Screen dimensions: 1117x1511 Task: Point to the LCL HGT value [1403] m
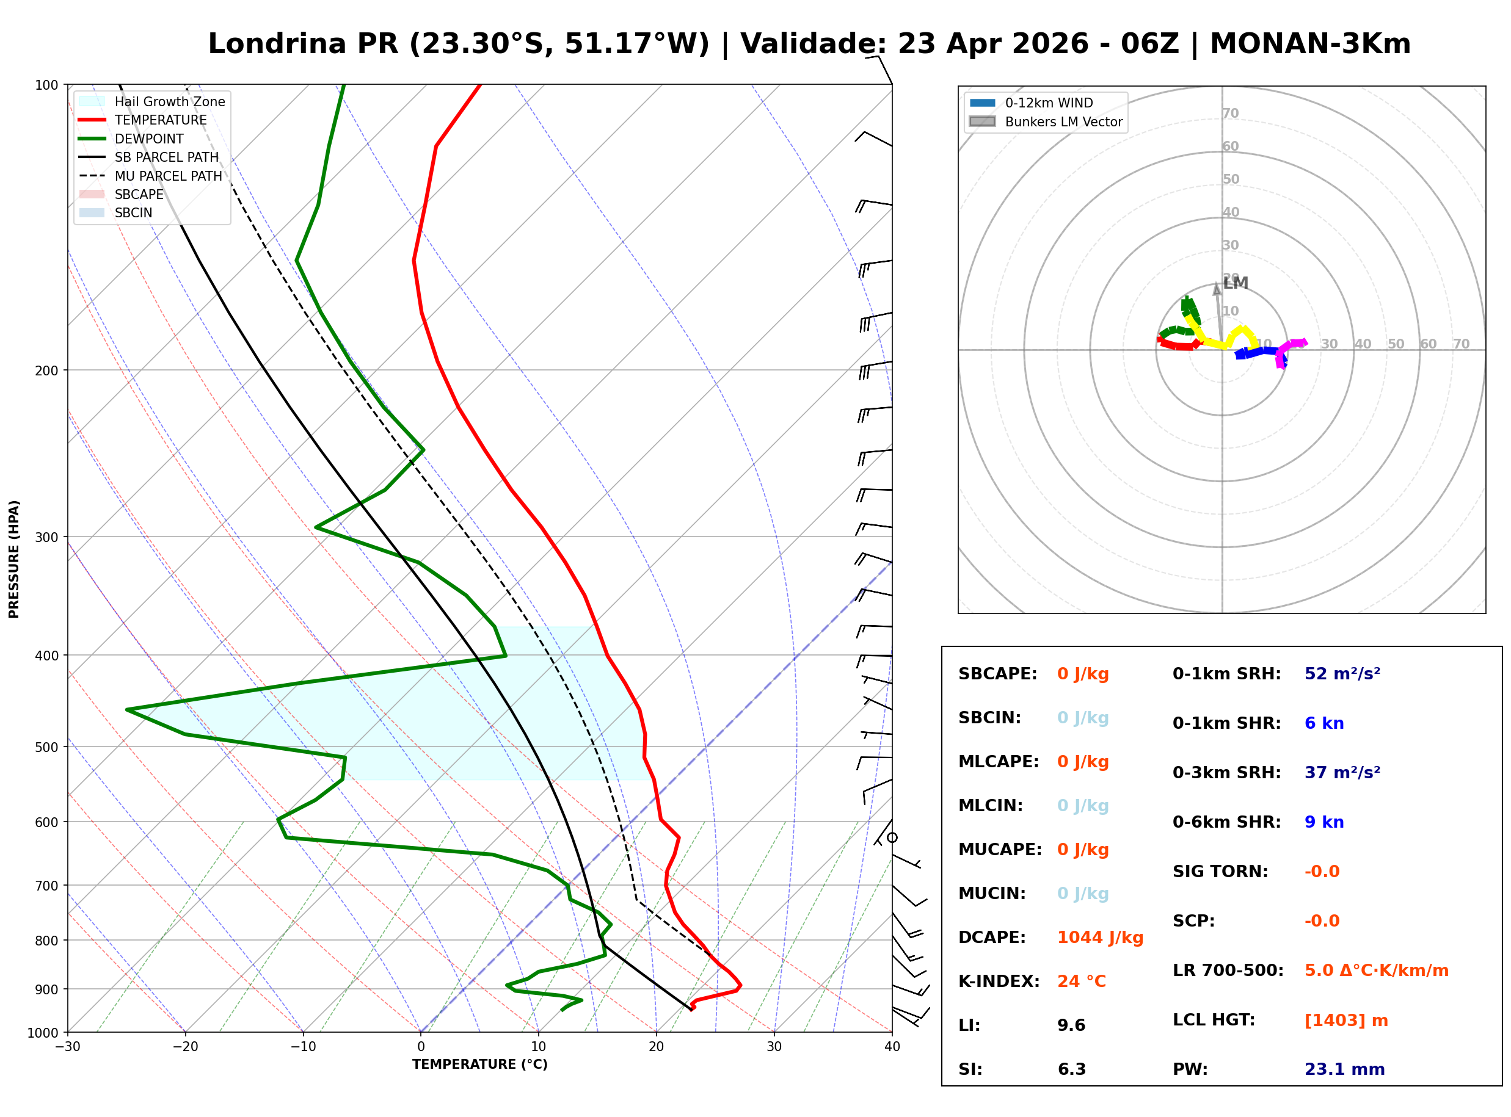[x=1346, y=1021]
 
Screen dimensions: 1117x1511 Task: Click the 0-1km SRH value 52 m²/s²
[x=1342, y=674]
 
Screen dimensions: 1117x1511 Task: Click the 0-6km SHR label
[x=1226, y=822]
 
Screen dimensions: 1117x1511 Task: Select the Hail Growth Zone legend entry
[x=169, y=101]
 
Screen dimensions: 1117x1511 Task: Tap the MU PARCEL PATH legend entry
[x=168, y=176]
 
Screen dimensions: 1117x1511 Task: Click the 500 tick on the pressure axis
[x=46, y=747]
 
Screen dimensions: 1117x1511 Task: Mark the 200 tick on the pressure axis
[x=46, y=371]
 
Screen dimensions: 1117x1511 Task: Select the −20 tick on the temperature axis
[x=184, y=1047]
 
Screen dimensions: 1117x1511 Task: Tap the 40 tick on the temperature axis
[x=892, y=1047]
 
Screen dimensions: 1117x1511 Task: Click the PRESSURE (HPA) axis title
[x=14, y=559]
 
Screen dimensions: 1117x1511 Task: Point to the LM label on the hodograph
[x=1235, y=283]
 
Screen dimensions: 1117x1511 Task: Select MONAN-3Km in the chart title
[x=1309, y=44]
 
